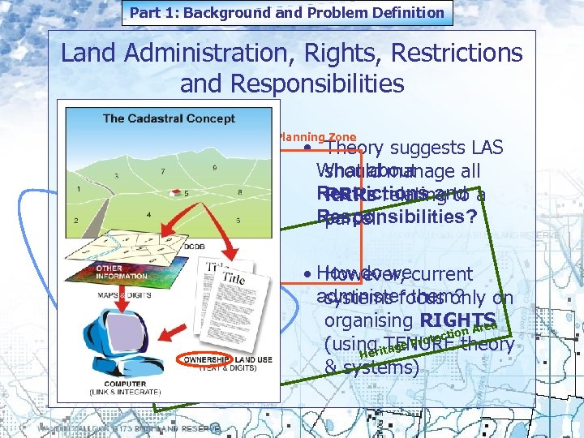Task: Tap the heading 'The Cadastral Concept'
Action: [169, 118]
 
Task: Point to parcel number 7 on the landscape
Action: [163, 171]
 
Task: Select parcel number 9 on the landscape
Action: [214, 167]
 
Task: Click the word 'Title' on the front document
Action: [234, 277]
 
